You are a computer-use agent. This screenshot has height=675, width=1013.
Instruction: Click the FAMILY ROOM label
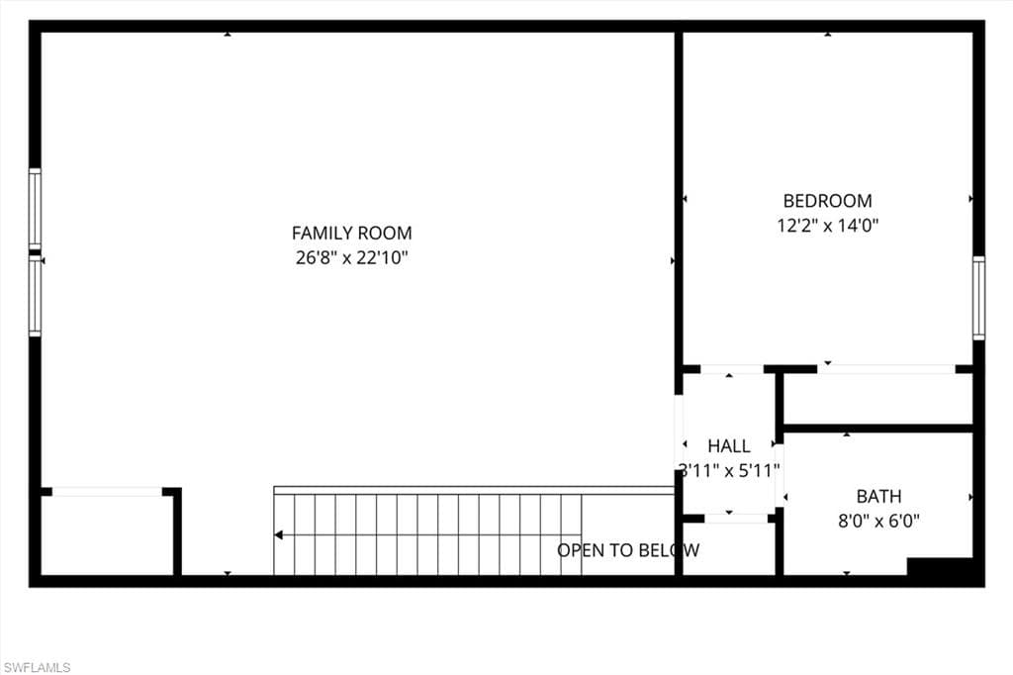(x=351, y=234)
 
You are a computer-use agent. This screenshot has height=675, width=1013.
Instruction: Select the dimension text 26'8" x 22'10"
(x=351, y=258)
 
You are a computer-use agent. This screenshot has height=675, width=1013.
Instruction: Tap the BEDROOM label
(x=827, y=201)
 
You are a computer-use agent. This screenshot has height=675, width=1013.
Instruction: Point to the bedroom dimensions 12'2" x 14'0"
(x=827, y=226)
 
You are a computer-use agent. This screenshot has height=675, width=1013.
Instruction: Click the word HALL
(x=729, y=446)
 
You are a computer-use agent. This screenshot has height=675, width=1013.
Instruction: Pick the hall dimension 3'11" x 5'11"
(x=729, y=470)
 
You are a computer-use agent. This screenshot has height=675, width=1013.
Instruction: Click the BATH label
(x=878, y=496)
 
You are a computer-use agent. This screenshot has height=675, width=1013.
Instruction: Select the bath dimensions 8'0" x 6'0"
(x=878, y=521)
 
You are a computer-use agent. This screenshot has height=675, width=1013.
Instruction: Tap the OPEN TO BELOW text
(x=628, y=550)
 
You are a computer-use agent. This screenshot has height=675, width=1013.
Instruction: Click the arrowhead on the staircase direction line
(x=279, y=535)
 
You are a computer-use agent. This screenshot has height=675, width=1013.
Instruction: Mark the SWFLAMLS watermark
(x=37, y=667)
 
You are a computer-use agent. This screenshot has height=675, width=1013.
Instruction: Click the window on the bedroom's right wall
(x=977, y=298)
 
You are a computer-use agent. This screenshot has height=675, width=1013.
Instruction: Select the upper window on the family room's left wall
(x=35, y=209)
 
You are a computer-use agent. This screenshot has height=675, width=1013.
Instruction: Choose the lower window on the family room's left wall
(x=35, y=296)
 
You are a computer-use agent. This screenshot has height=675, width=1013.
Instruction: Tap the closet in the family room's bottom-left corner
(x=107, y=533)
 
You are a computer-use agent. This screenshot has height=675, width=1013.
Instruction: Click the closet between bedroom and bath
(x=877, y=399)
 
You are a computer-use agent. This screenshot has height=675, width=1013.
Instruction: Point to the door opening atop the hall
(x=731, y=369)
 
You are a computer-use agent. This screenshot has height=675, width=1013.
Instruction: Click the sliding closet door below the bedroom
(x=885, y=369)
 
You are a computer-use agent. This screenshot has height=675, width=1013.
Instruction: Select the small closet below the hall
(x=729, y=547)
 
